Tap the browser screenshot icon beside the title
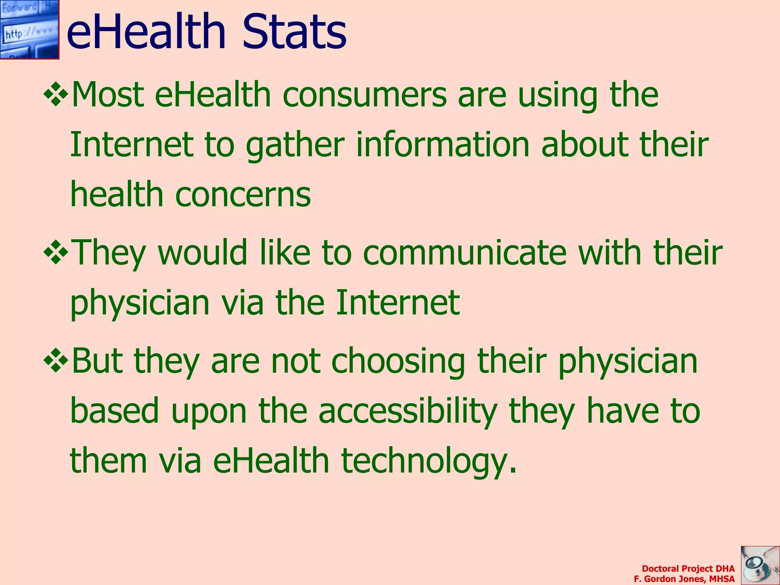(x=29, y=29)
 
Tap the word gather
(x=295, y=145)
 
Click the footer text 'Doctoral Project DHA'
(x=688, y=569)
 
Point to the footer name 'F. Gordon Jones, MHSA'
(x=684, y=579)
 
